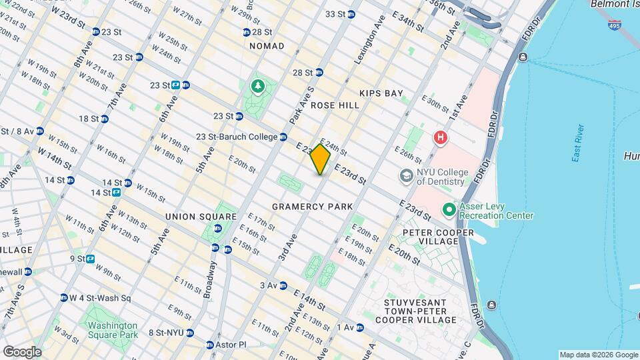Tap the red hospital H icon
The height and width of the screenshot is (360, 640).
tap(440, 139)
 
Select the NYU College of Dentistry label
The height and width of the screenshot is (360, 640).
tap(440, 176)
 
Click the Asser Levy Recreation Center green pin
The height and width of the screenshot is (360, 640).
tap(449, 210)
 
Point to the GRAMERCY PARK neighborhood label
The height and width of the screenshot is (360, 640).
tap(312, 207)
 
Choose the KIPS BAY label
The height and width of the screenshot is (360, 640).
tap(381, 93)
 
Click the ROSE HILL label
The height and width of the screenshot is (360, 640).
tap(330, 105)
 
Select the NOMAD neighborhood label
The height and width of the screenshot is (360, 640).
tap(267, 46)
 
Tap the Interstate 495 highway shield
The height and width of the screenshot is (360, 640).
tap(613, 25)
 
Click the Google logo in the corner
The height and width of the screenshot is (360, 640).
tap(22, 351)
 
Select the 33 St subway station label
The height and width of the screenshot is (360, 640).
tap(335, 14)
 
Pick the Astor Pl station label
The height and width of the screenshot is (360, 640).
tap(231, 345)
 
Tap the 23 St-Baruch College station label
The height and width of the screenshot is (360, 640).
tap(237, 137)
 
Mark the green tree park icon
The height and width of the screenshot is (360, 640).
tap(257, 87)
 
